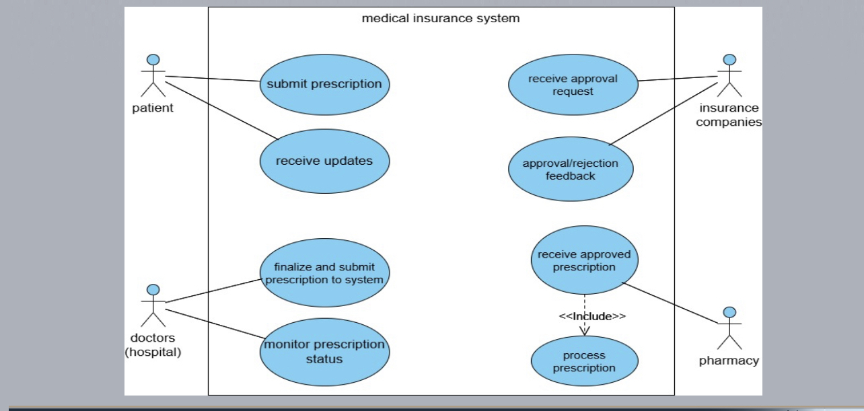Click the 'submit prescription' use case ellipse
click(324, 85)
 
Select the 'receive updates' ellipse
click(324, 161)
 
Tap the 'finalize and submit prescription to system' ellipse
click(324, 273)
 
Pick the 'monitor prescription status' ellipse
click(324, 351)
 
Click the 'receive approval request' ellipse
click(573, 85)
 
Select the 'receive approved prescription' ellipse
click(584, 260)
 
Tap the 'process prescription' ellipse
click(584, 361)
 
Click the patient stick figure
click(154, 75)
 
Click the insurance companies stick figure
click(729, 75)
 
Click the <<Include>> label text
click(592, 315)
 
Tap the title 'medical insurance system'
click(441, 18)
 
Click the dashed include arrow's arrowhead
click(585, 330)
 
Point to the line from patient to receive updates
click(222, 108)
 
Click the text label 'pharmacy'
click(729, 361)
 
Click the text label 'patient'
click(153, 108)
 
